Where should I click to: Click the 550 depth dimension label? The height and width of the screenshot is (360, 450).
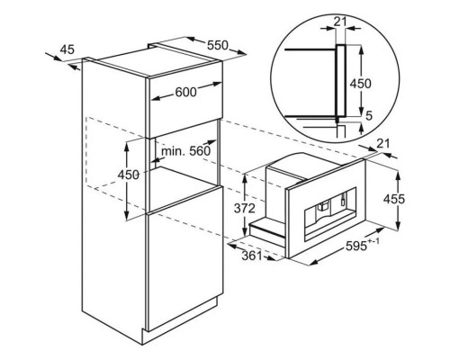[218, 45]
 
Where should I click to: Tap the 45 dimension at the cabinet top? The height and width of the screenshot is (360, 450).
[67, 49]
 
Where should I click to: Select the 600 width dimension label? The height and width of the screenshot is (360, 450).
[185, 93]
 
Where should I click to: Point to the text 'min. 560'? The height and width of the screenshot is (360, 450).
[186, 151]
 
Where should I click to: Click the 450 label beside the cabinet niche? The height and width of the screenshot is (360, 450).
[128, 175]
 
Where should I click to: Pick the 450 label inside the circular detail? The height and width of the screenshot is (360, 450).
[360, 84]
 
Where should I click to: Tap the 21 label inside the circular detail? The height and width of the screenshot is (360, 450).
[340, 22]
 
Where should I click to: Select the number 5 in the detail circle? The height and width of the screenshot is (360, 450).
[369, 115]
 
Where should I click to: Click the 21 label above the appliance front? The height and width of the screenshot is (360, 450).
[382, 144]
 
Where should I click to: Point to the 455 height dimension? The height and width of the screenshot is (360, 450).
[394, 199]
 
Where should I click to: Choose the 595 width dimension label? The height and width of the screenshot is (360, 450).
[356, 246]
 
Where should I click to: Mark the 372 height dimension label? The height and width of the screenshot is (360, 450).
[245, 208]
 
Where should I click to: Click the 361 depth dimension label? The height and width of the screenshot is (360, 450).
[252, 256]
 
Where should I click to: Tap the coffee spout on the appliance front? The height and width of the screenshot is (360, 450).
[323, 207]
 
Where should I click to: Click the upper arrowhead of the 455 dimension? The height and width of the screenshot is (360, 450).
[398, 175]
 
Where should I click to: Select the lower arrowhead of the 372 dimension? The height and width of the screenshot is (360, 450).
[245, 231]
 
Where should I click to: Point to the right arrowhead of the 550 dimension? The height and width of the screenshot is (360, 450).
[242, 53]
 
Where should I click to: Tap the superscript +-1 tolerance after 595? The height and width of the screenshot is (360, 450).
[373, 240]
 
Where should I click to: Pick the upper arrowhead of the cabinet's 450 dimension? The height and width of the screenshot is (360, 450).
[128, 146]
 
